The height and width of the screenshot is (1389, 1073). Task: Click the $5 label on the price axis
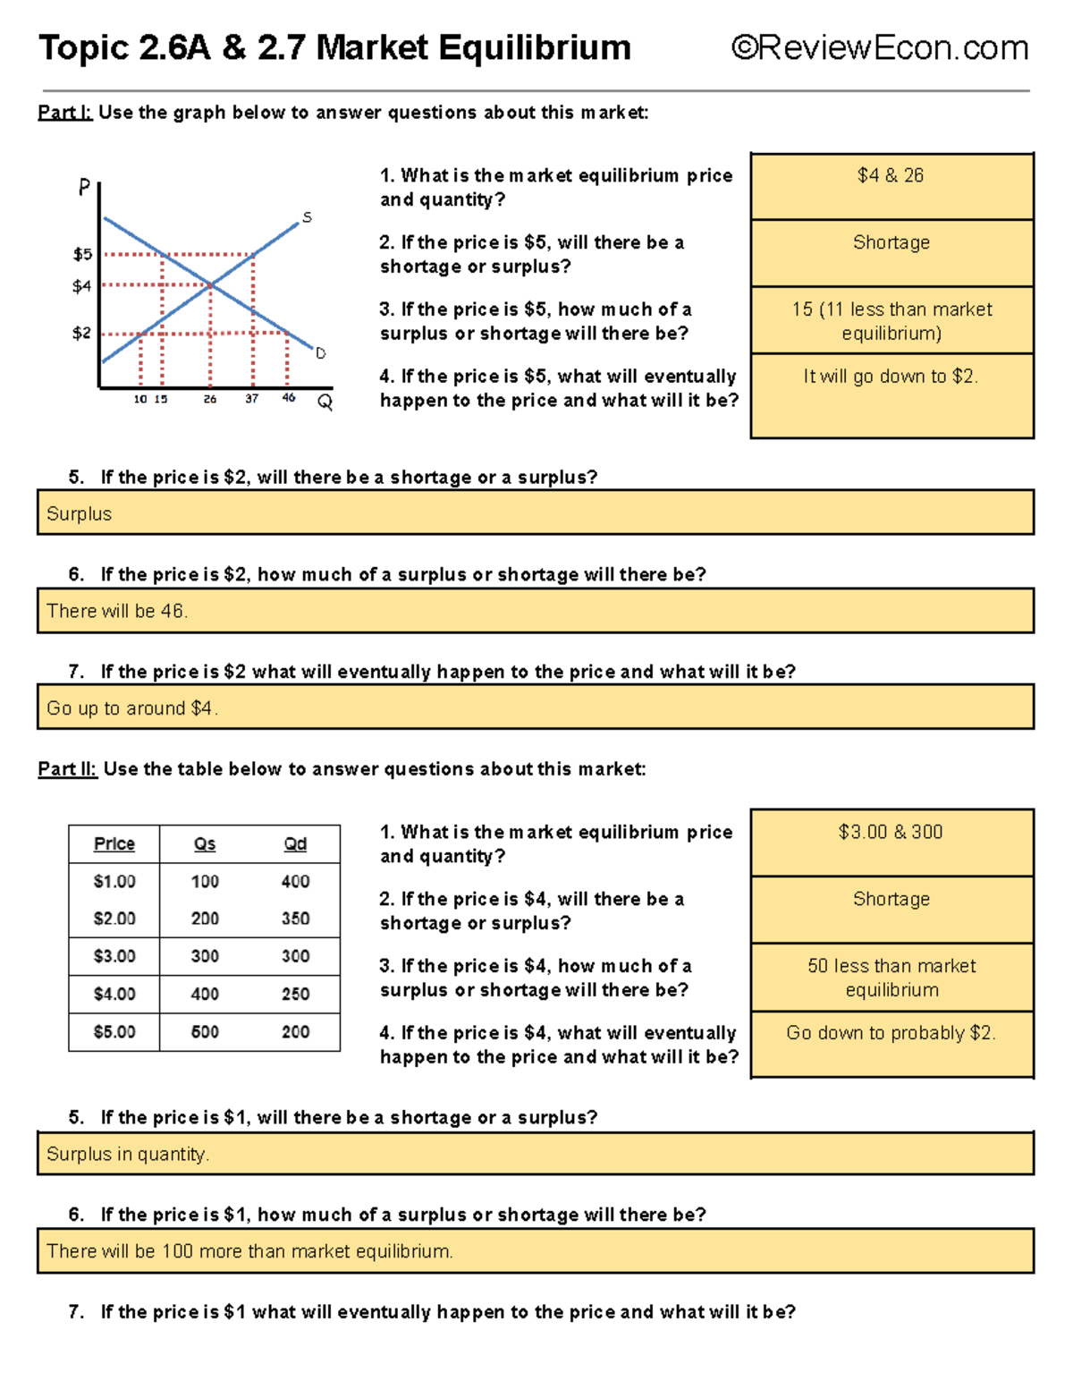pyautogui.click(x=82, y=254)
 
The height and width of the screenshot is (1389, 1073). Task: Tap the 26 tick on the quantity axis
pyautogui.click(x=210, y=399)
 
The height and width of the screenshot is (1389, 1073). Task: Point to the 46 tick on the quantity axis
pyautogui.click(x=288, y=398)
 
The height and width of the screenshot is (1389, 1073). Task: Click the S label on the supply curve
pyautogui.click(x=307, y=217)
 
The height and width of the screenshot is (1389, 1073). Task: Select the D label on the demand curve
pyautogui.click(x=320, y=353)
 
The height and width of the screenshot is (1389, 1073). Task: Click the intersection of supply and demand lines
pyautogui.click(x=210, y=284)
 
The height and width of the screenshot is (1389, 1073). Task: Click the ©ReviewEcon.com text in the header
pyautogui.click(x=880, y=47)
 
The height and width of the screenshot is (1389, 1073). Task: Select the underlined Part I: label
pyautogui.click(x=64, y=113)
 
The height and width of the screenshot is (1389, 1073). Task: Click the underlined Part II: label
pyautogui.click(x=67, y=769)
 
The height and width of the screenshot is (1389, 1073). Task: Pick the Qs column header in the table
pyautogui.click(x=205, y=844)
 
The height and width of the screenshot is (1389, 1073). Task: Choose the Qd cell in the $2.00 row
pyautogui.click(x=295, y=919)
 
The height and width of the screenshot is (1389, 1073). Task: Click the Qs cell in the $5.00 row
pyautogui.click(x=205, y=1031)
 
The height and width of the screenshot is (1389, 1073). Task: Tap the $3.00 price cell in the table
pyautogui.click(x=114, y=956)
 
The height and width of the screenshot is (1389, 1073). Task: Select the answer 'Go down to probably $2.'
pyautogui.click(x=891, y=1033)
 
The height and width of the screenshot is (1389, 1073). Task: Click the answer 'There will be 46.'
pyautogui.click(x=117, y=611)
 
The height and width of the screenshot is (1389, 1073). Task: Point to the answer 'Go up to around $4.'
pyautogui.click(x=132, y=708)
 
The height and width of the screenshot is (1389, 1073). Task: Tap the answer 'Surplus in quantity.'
pyautogui.click(x=128, y=1155)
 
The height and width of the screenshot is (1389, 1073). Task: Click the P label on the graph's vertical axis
pyautogui.click(x=85, y=187)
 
